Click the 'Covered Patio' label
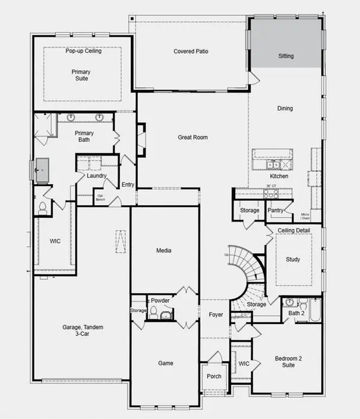191,52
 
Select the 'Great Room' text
193,137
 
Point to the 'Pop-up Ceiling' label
83,51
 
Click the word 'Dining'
285,109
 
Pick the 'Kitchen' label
279,176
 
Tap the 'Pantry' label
275,211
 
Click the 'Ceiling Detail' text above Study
293,231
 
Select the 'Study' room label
293,260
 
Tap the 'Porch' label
214,376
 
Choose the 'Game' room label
166,363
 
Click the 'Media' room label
164,252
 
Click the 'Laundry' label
97,176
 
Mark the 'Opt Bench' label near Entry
101,197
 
